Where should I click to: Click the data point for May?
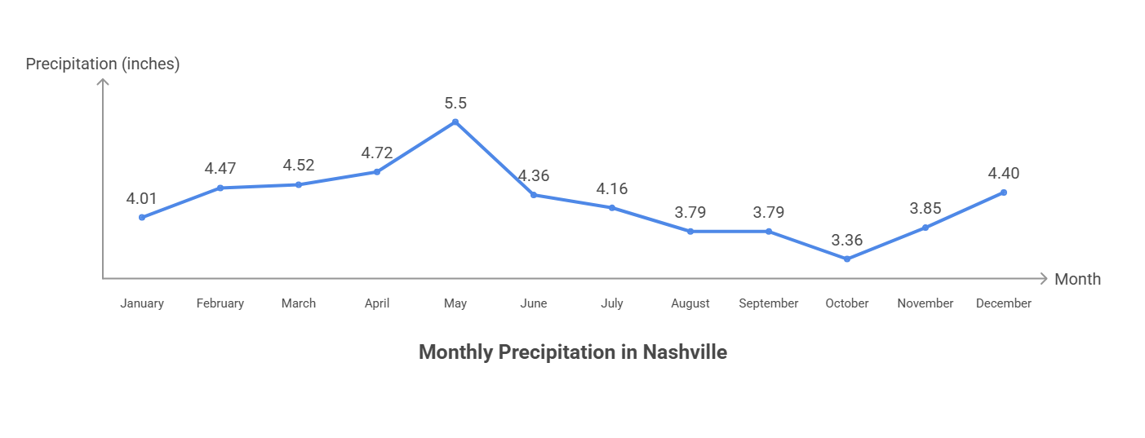point(455,122)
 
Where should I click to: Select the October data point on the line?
point(847,259)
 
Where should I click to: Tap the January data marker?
point(142,217)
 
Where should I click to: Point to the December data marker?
point(1004,192)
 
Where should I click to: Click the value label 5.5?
point(455,104)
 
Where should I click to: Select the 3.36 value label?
point(847,241)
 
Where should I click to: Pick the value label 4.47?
point(220,169)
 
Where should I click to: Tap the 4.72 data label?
point(377,153)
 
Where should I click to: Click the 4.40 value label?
point(1004,174)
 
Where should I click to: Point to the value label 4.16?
point(612,189)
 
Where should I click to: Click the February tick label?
point(220,303)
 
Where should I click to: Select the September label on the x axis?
point(769,303)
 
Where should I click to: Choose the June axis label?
point(534,303)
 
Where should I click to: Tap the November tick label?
point(925,303)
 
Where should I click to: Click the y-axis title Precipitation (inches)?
point(103,64)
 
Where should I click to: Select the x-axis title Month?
point(1077,279)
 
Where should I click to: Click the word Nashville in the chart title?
point(685,352)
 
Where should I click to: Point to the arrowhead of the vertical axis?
point(103,82)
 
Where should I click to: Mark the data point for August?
point(690,232)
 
